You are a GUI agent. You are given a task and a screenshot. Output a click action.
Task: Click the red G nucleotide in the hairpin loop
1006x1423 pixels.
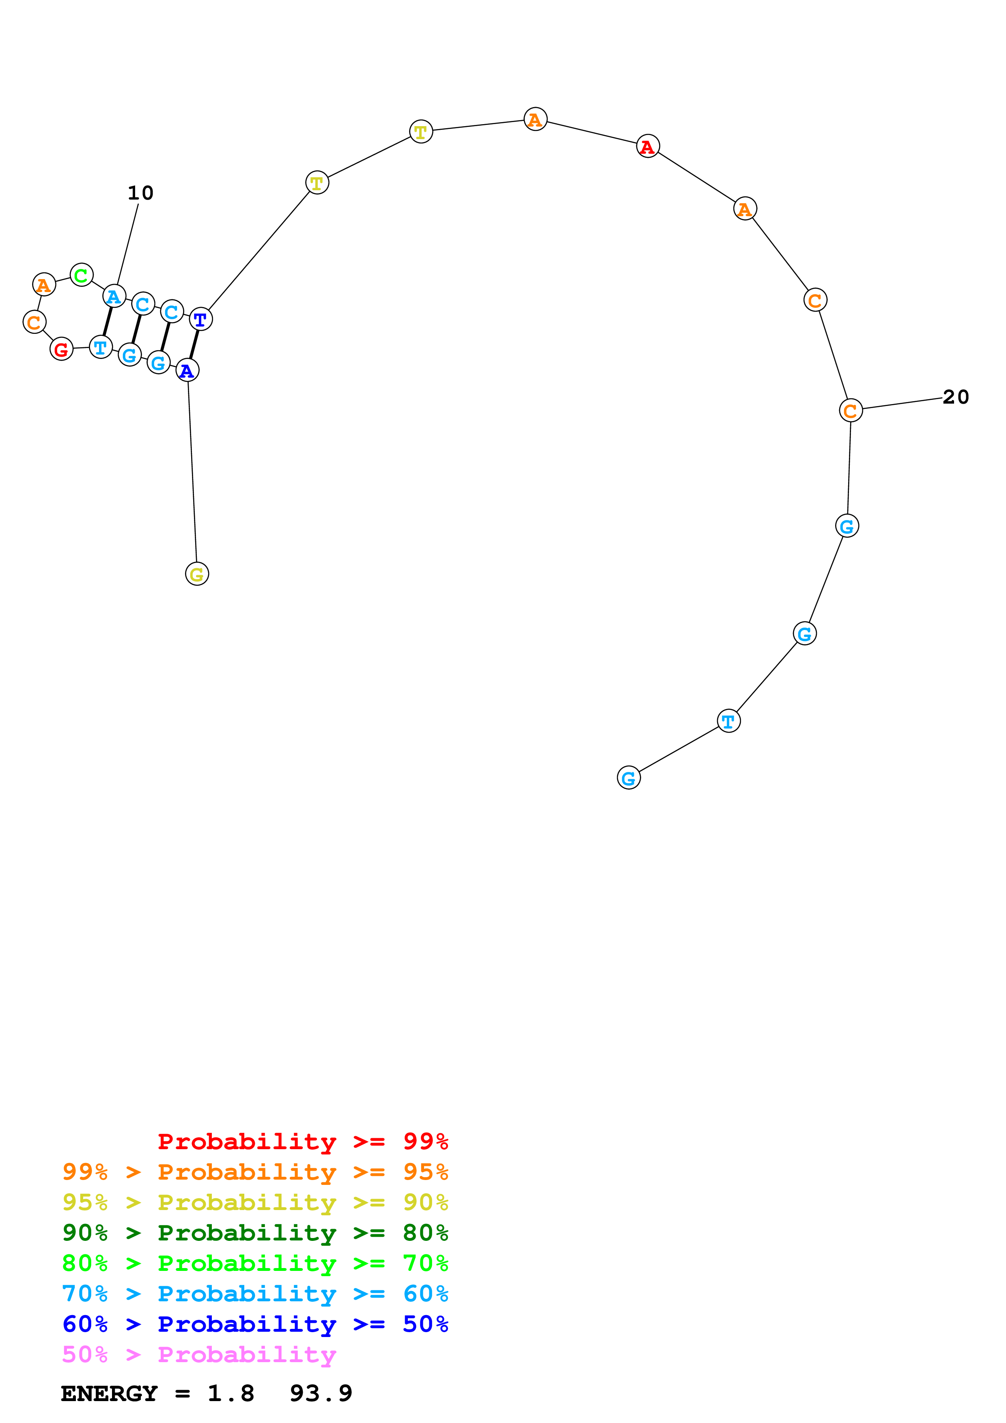click(61, 350)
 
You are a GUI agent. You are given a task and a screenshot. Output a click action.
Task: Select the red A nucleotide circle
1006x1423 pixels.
click(648, 147)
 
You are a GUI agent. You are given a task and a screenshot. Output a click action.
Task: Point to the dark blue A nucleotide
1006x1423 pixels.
click(187, 371)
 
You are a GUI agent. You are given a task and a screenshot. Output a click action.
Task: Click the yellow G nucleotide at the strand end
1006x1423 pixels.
click(197, 574)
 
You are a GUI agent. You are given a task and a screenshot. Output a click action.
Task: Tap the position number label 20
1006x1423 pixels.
click(955, 397)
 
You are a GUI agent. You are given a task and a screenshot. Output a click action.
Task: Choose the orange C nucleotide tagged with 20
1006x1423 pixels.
click(851, 410)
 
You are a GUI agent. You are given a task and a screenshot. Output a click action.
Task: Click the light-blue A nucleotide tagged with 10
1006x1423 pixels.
click(114, 297)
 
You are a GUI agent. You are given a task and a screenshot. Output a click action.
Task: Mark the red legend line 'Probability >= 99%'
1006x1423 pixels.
click(302, 1141)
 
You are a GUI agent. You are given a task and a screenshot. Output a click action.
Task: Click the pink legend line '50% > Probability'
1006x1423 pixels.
click(199, 1355)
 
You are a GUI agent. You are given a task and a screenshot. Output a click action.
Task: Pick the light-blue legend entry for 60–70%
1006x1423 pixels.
click(255, 1294)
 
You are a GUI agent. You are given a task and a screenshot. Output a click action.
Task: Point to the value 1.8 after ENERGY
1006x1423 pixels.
click(230, 1394)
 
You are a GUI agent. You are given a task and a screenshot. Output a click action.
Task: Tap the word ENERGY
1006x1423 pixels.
click(109, 1394)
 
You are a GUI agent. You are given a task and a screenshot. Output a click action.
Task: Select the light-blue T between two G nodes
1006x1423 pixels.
click(728, 721)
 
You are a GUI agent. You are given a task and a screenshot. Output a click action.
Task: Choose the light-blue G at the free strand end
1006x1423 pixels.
click(629, 778)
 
